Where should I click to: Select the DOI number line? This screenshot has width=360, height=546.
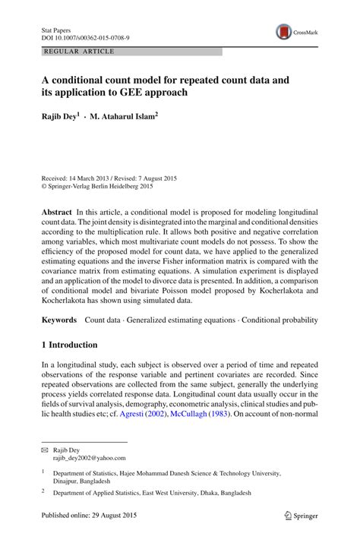84,36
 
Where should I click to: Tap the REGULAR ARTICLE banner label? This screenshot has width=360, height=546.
80,51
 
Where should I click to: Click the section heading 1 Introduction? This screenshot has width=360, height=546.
74,345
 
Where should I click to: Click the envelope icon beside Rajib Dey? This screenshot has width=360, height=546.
44,450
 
